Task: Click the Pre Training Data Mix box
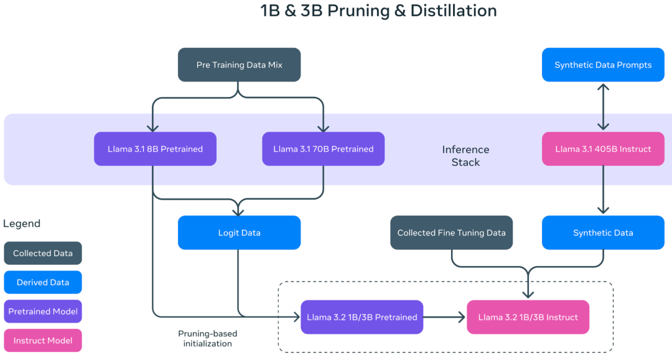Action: point(239,65)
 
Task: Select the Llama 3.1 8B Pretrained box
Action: point(155,149)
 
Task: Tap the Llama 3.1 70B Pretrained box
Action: point(323,149)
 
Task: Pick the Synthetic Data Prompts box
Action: point(603,65)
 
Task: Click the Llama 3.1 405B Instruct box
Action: point(603,149)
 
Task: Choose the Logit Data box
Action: point(239,233)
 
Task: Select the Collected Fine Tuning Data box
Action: point(451,233)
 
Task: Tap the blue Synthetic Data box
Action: point(603,233)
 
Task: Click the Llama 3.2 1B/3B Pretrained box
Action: point(362,317)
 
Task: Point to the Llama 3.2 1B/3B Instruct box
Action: point(528,317)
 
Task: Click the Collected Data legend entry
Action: point(43,253)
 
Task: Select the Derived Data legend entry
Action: point(43,282)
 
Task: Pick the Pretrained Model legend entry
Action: point(43,312)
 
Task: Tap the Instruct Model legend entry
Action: point(43,340)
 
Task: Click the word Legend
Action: point(22,223)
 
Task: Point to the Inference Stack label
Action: point(466,156)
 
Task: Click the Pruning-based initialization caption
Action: point(207,338)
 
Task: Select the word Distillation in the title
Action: point(454,11)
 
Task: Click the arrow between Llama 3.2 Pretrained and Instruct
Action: point(444,317)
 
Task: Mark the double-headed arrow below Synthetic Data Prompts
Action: point(603,106)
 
